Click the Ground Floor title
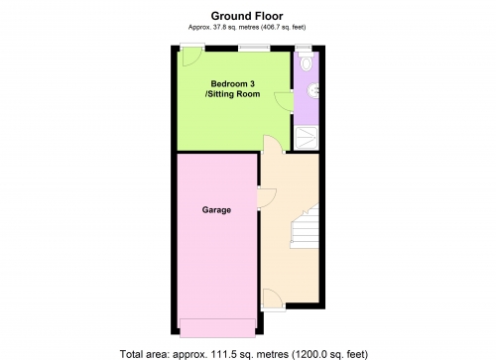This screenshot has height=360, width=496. [x=247, y=16]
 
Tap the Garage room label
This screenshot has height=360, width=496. [x=216, y=210]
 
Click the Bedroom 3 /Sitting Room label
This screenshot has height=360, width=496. [x=233, y=89]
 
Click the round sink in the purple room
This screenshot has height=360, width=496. [x=313, y=90]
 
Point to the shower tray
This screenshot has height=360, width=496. [x=307, y=138]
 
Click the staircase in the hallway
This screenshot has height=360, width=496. [x=305, y=226]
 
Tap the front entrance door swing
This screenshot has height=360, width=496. [x=272, y=299]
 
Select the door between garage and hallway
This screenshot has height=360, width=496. [x=267, y=197]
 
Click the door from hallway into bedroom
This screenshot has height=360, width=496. [x=273, y=143]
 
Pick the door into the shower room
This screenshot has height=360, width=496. [x=284, y=101]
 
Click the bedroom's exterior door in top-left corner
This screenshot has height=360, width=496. [x=191, y=57]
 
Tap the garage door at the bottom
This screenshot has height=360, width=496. [x=217, y=328]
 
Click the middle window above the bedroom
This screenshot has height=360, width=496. [x=254, y=48]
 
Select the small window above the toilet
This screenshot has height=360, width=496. [x=304, y=48]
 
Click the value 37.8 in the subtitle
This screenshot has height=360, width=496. [x=217, y=28]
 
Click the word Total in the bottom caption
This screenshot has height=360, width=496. [x=132, y=354]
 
